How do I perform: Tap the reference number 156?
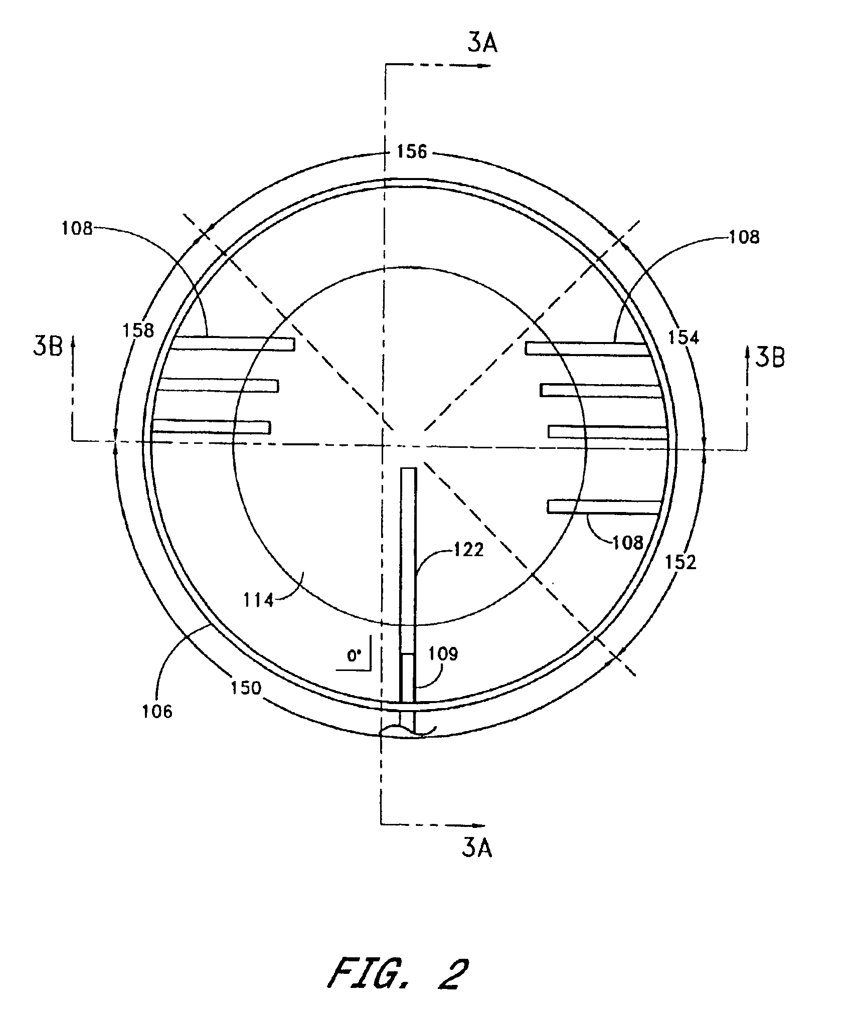[x=412, y=151]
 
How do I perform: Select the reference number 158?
[x=138, y=330]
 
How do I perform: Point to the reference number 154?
[x=683, y=337]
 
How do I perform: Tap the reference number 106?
[x=157, y=711]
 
